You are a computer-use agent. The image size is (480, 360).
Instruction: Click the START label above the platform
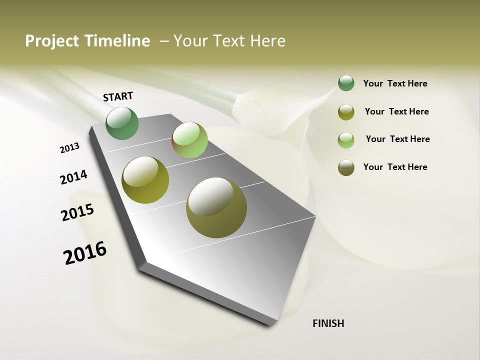[x=118, y=96]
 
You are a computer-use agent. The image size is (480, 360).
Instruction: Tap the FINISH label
[x=328, y=323]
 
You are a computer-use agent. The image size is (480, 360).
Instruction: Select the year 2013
[x=70, y=148]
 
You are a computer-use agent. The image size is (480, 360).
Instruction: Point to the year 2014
[x=73, y=177]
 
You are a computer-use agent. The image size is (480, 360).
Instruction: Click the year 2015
[x=77, y=212]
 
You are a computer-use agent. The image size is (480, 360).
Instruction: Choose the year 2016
[x=85, y=253]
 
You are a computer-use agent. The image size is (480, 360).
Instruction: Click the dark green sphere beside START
[x=122, y=123]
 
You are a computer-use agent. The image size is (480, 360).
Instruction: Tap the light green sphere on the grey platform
[x=189, y=140]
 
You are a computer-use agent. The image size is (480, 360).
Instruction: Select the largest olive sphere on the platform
[x=216, y=207]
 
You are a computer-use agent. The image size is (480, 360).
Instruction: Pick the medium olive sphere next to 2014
[x=145, y=180]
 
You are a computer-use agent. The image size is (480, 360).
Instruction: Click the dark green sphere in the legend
[x=346, y=83]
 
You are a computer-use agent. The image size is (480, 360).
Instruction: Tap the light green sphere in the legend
[x=346, y=140]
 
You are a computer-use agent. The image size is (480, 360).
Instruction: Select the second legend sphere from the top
[x=346, y=112]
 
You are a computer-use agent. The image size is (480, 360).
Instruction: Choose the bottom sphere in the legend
[x=346, y=167]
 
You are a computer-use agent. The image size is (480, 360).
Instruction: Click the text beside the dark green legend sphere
[x=395, y=84]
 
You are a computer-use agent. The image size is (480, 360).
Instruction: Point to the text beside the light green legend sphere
[x=397, y=139]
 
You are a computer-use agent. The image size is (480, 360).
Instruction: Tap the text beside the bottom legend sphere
[x=395, y=167]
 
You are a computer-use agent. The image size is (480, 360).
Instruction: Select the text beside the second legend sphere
[x=396, y=111]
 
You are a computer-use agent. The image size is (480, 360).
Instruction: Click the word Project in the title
[x=51, y=41]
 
